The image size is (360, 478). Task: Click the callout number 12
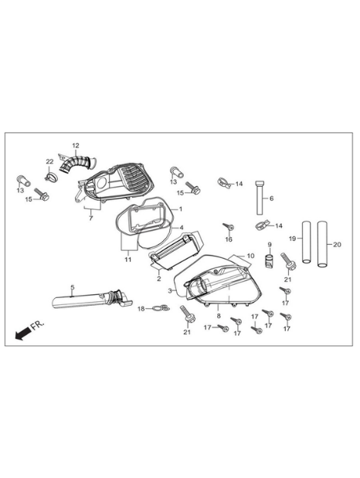pos(76,145)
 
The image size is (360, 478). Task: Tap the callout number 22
pos(49,161)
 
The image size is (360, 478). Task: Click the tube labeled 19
pos(306,242)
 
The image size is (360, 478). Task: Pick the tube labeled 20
pos(322,244)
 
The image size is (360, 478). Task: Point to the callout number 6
pos(271,198)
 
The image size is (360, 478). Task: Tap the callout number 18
pos(141,309)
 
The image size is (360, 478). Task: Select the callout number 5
pos(73,287)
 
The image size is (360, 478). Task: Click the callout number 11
pos(127,259)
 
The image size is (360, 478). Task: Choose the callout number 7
pos(90,219)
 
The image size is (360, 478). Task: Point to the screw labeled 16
pos(228,227)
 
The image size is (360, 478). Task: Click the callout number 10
pos(250,256)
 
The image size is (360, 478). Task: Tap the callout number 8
pos(219,316)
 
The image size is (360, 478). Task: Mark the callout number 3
pos(170,291)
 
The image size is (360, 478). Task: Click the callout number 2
pos(159,279)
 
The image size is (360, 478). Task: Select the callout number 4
pos(182,227)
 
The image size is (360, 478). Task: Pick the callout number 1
pos(181,209)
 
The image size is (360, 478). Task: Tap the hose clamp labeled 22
pos(51,176)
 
